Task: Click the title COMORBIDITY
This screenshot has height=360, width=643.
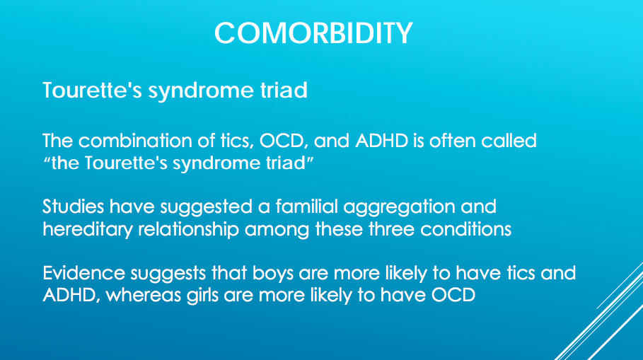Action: tap(313, 33)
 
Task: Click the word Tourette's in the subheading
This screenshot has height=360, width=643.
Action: tap(92, 90)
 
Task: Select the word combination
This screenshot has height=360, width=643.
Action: tap(135, 141)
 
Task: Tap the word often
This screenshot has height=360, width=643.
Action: tap(452, 141)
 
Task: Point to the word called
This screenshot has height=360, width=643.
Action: tap(509, 141)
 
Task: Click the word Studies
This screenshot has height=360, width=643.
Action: tap(73, 207)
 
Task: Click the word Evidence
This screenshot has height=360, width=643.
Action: tap(83, 273)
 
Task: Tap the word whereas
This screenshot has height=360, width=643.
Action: tap(144, 295)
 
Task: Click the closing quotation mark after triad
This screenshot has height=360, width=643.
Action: tap(310, 158)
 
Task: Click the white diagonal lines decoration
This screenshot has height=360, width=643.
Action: tap(603, 315)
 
